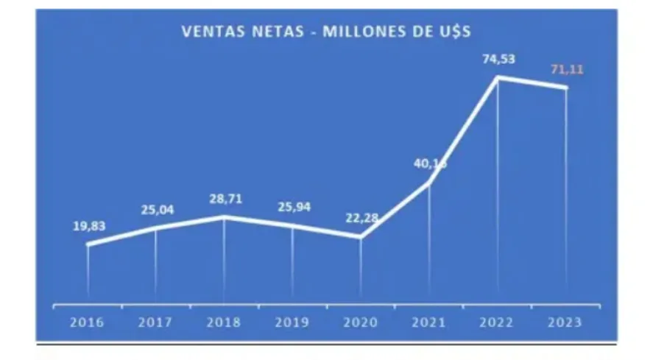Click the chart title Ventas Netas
pos(326,32)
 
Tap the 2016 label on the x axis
pos(88,322)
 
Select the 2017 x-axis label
pos(156,322)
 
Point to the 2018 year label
pos(224,322)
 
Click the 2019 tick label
pos(292,322)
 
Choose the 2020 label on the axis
pos(361,322)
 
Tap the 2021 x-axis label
pos(429,322)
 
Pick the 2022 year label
pos(498,322)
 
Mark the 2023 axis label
pos(565,322)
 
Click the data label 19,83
pos(89,226)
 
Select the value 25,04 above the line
pos(157,211)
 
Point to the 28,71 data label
pos(224,200)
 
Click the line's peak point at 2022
pos(498,77)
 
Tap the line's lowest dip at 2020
pos(361,237)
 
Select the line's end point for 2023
pos(566,88)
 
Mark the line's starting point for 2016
pos(88,244)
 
